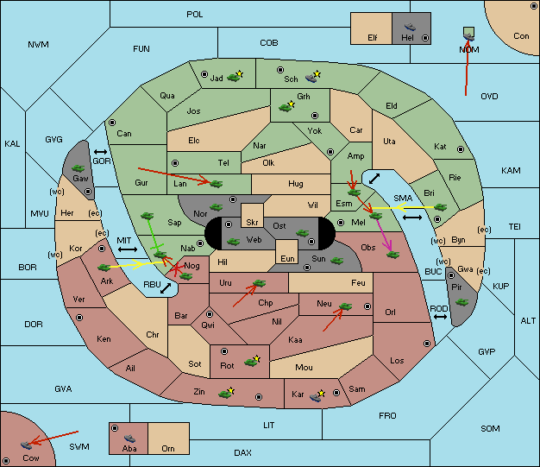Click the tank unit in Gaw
78,168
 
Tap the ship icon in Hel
410,27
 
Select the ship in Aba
129,439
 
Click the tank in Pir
462,302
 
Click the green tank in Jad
234,77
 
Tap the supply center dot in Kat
461,149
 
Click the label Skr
252,223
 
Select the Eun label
287,258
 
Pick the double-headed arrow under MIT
128,249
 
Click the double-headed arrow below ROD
440,317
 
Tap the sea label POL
195,15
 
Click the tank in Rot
251,362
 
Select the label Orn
168,448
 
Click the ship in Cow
27,445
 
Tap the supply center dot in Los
427,344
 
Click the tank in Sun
336,261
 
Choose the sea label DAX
242,452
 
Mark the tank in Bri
440,207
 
